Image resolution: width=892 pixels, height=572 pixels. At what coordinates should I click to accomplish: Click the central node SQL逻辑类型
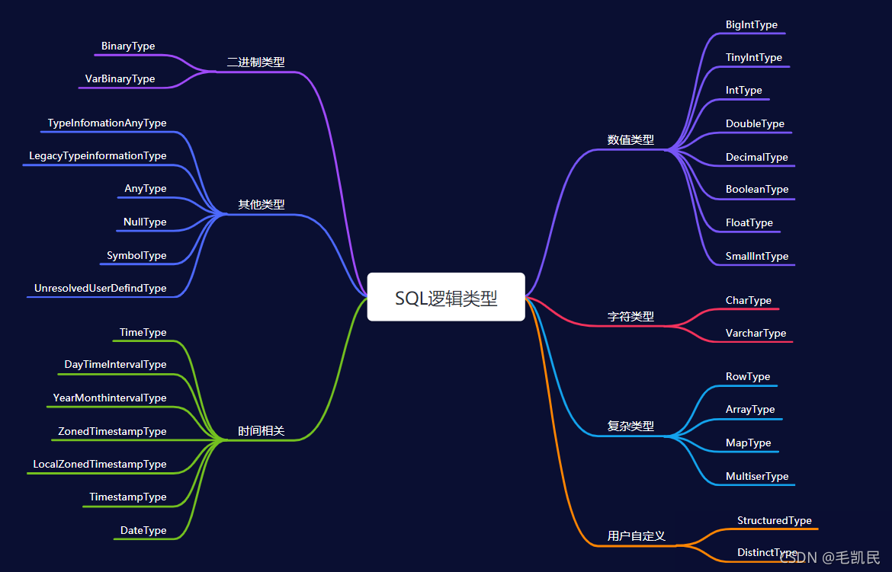pyautogui.click(x=446, y=298)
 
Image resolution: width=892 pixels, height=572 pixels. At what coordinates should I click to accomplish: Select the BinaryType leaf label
pyautogui.click(x=128, y=46)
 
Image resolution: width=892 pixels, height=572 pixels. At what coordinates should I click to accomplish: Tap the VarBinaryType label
pyautogui.click(x=120, y=79)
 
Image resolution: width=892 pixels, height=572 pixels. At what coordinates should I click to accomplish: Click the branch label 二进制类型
pyautogui.click(x=255, y=62)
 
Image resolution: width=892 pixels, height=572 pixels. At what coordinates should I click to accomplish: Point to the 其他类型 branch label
pyautogui.click(x=261, y=205)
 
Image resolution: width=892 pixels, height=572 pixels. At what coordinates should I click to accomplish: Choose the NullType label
pyautogui.click(x=145, y=222)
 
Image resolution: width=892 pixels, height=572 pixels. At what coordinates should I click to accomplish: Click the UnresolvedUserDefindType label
pyautogui.click(x=100, y=289)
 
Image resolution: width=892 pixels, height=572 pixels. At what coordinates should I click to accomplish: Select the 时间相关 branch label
pyautogui.click(x=261, y=431)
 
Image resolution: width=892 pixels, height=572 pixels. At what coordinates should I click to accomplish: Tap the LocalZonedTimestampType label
pyautogui.click(x=100, y=465)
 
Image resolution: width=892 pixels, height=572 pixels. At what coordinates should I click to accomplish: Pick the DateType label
pyautogui.click(x=143, y=531)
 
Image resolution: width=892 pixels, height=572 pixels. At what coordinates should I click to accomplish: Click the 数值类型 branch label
pyautogui.click(x=630, y=140)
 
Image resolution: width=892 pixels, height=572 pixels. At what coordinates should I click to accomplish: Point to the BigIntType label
pyautogui.click(x=752, y=25)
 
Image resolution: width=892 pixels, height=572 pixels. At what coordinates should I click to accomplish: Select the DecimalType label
pyautogui.click(x=757, y=158)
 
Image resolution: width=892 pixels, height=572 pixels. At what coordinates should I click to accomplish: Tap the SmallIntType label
pyautogui.click(x=757, y=257)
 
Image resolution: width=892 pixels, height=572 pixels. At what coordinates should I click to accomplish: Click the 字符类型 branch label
pyautogui.click(x=630, y=317)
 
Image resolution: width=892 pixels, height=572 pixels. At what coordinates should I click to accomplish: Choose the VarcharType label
pyautogui.click(x=756, y=334)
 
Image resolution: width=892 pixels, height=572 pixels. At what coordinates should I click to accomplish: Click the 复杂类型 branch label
pyautogui.click(x=630, y=427)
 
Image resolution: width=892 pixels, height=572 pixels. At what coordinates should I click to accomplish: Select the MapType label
pyautogui.click(x=749, y=443)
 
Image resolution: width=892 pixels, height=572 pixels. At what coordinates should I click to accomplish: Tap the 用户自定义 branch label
pyautogui.click(x=637, y=536)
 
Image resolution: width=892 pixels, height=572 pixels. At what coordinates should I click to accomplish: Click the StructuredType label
pyautogui.click(x=775, y=521)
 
